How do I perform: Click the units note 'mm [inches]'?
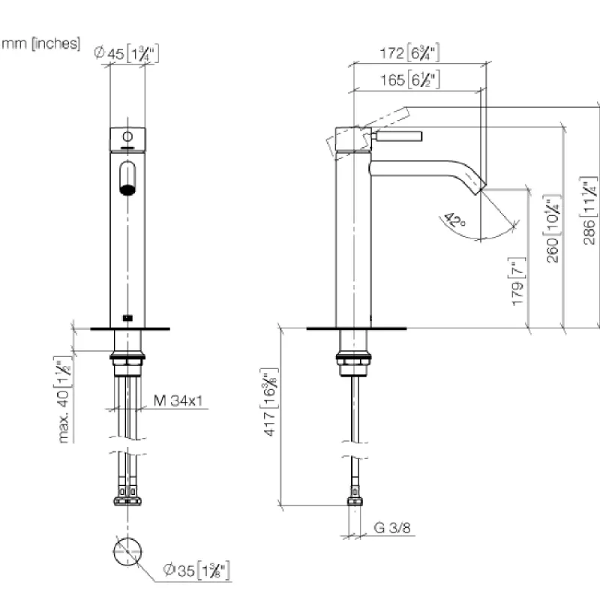click(41, 43)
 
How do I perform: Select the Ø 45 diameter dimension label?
click(126, 53)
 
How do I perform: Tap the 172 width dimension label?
click(409, 52)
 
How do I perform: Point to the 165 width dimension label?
click(409, 79)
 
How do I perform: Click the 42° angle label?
click(455, 220)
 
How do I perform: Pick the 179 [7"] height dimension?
click(517, 281)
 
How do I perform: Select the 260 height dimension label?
click(552, 229)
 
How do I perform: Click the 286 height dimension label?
click(589, 211)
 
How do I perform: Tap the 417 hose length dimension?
click(270, 402)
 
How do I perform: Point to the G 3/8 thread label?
click(392, 528)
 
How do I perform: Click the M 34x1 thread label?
click(178, 400)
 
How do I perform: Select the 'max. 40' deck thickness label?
click(63, 400)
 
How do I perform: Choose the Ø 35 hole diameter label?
click(196, 571)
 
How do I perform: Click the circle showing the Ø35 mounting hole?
click(127, 552)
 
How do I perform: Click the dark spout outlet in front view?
click(127, 190)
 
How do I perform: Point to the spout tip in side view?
click(481, 187)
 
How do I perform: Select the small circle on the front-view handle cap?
click(127, 136)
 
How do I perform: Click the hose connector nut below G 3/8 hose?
click(355, 501)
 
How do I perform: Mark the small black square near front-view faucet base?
click(127, 317)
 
